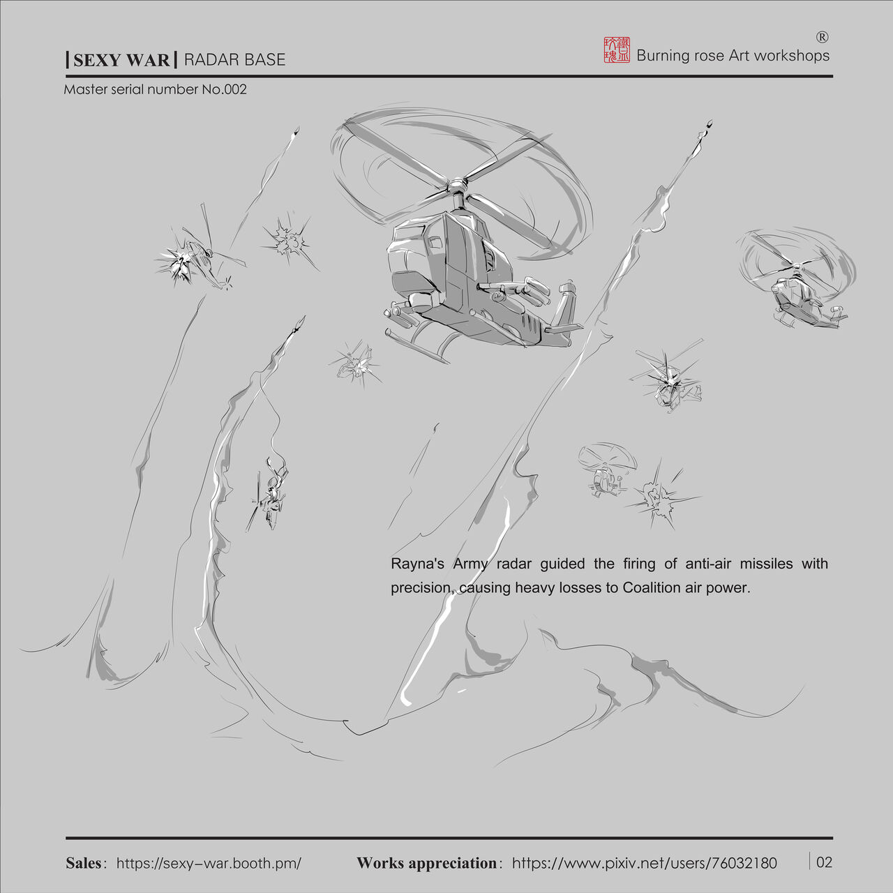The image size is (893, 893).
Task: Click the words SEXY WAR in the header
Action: (121, 60)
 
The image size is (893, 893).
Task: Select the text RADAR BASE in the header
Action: (234, 60)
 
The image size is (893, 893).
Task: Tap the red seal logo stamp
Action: (617, 50)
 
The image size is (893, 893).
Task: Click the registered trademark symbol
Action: (822, 37)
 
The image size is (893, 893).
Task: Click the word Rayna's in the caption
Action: (417, 564)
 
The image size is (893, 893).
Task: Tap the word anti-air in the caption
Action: (708, 564)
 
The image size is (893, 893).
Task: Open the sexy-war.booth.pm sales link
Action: (209, 863)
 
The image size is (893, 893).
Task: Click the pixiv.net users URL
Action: (644, 863)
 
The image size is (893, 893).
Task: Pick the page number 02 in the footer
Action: (824, 862)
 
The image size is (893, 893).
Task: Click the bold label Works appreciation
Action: (426, 863)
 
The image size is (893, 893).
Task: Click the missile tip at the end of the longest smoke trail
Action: (709, 126)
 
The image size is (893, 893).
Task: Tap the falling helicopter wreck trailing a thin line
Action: (272, 492)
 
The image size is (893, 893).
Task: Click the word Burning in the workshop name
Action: (663, 56)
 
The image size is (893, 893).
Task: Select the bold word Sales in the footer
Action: (83, 863)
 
